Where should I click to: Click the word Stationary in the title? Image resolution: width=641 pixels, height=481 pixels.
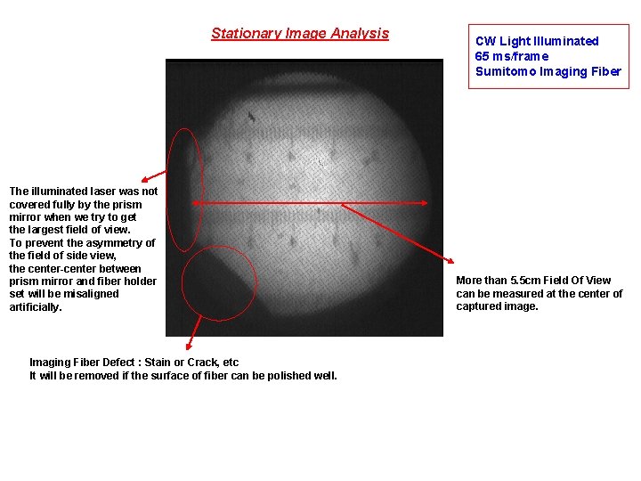[243, 34]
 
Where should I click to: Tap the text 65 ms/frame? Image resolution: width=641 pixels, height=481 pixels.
[512, 56]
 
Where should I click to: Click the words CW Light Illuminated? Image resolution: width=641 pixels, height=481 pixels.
[537, 41]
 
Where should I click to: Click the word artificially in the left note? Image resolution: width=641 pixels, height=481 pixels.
[36, 306]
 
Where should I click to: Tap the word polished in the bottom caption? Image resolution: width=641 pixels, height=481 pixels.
[288, 375]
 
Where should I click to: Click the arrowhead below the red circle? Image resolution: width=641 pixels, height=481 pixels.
[188, 346]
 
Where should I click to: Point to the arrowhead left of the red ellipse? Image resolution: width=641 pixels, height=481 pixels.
[145, 179]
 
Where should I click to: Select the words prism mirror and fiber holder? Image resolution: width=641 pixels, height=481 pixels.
[83, 281]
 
